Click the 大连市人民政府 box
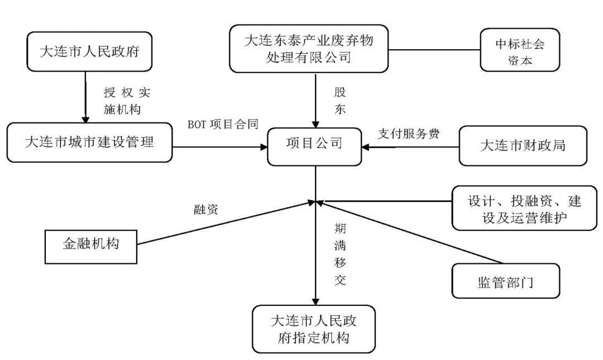(89, 52)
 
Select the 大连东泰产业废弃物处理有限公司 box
(309, 49)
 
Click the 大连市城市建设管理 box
(89, 143)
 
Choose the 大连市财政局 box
(523, 146)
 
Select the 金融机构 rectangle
(90, 244)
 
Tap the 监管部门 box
(505, 281)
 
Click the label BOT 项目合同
(223, 125)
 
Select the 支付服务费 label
(408, 134)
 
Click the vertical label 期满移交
(339, 254)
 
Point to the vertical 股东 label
(339, 101)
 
